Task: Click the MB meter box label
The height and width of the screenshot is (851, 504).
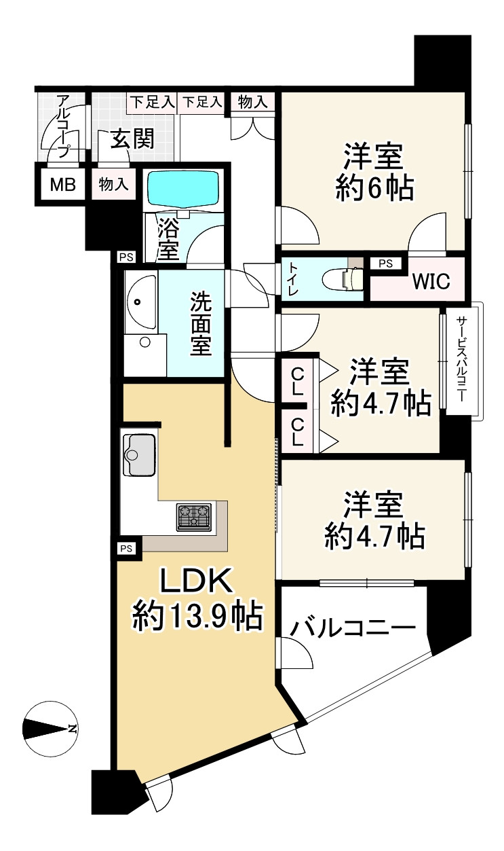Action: tap(63, 185)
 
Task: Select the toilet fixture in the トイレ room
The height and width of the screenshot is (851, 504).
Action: tap(343, 279)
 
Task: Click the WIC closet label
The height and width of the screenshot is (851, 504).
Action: tap(431, 281)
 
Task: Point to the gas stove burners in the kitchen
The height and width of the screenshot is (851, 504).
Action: tap(194, 517)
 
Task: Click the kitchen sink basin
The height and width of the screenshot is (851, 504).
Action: tap(139, 455)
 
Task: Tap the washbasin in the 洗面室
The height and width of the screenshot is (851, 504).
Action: tap(140, 302)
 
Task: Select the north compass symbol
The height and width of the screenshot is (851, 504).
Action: tap(50, 728)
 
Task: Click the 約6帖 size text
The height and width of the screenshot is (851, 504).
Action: tap(374, 188)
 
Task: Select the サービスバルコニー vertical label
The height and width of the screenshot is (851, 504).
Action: tap(461, 359)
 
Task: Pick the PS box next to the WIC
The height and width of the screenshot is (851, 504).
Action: tap(385, 264)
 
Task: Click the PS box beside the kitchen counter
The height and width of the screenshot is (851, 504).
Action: tap(126, 548)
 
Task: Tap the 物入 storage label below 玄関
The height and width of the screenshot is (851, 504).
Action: tap(113, 185)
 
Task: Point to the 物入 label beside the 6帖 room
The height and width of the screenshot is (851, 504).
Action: tap(250, 102)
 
